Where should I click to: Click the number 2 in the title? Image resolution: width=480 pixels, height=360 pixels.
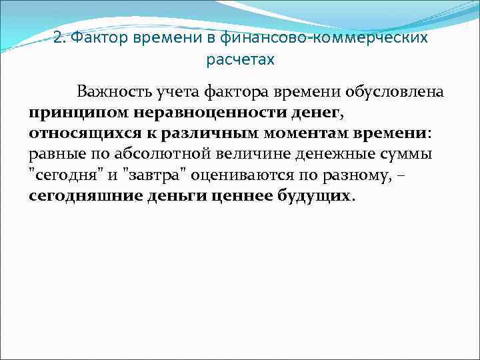pyautogui.click(x=57, y=38)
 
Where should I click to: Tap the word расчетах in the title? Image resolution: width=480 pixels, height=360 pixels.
pyautogui.click(x=240, y=60)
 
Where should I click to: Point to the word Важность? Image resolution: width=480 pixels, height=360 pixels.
pyautogui.click(x=113, y=91)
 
